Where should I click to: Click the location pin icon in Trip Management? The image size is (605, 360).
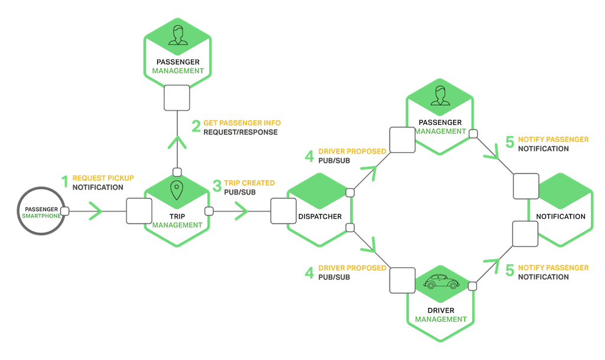point(177,191)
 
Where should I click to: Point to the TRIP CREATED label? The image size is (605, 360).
point(249,183)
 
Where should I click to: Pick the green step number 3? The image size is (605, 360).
point(217,187)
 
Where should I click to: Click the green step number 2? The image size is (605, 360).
point(196,127)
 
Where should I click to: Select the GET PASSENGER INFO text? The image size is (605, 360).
point(242,122)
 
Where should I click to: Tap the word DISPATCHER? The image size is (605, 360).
point(320,216)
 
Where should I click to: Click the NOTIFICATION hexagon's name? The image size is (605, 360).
point(561,216)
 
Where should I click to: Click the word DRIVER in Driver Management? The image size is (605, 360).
point(440,310)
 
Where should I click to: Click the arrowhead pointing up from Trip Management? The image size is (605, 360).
point(177,142)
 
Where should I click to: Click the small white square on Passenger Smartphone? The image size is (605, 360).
point(65,211)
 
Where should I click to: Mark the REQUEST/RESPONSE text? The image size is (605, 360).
point(241,132)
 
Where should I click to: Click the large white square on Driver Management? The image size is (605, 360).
point(402,278)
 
